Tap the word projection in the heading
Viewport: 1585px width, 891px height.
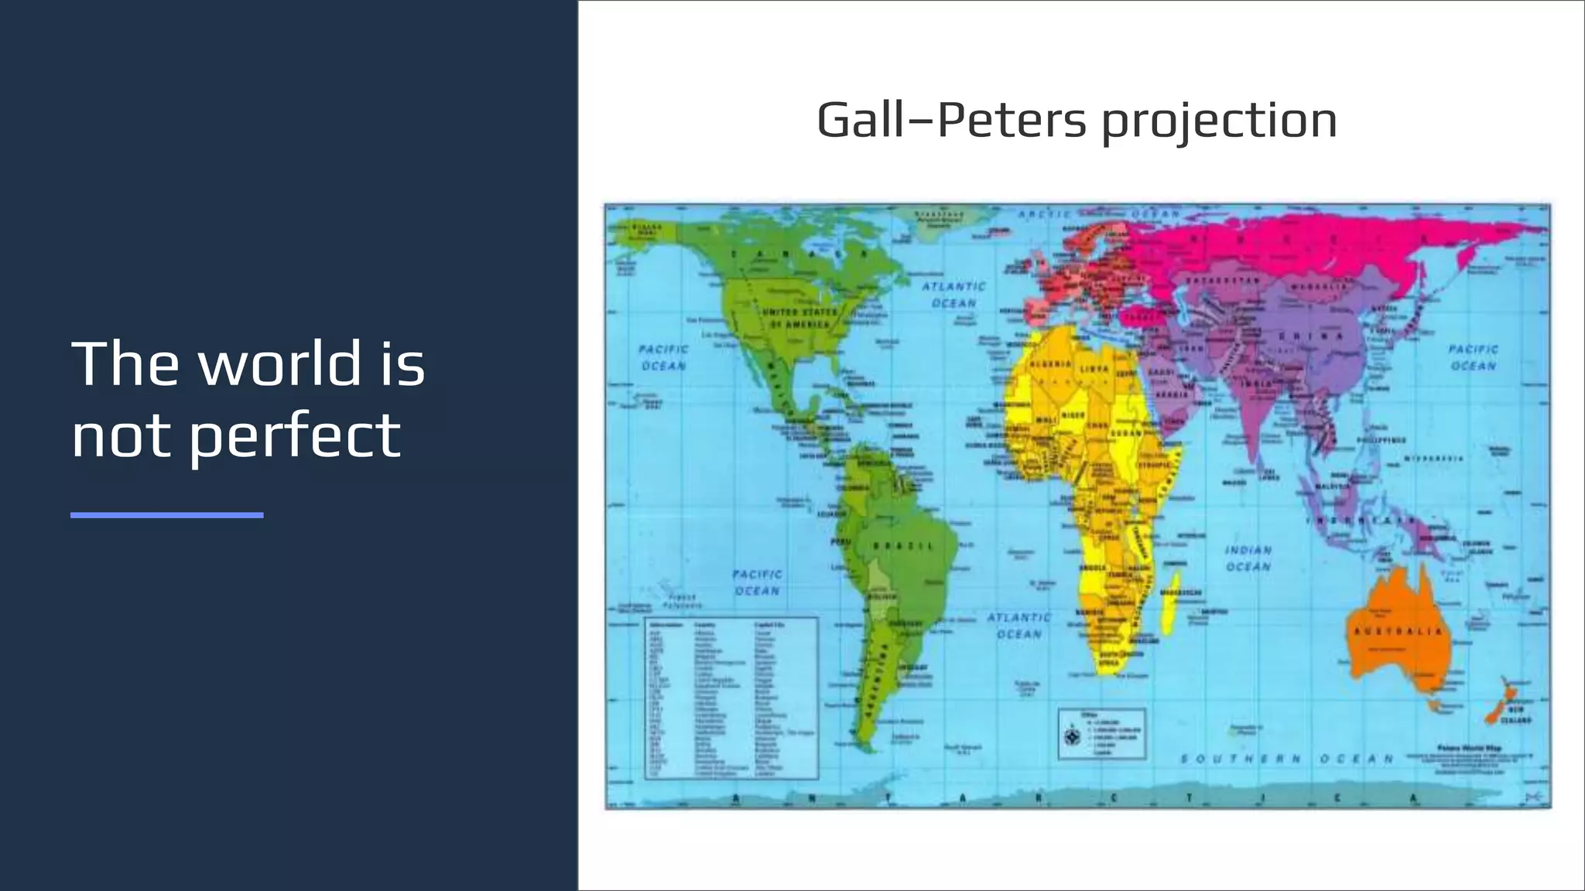(1219, 122)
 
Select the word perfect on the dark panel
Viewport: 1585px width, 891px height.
(294, 435)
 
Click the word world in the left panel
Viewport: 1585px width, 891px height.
(280, 363)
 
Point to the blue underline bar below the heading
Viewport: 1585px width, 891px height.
(167, 515)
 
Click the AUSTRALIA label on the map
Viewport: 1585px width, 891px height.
(1398, 632)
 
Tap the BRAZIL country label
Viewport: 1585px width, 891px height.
(903, 546)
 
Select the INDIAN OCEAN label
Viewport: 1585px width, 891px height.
(1248, 558)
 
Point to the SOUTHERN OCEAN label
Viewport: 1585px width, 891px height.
(1286, 759)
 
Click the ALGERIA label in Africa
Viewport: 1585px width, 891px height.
(1049, 364)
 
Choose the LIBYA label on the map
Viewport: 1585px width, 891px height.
(1094, 369)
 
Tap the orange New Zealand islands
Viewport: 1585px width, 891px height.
(1500, 703)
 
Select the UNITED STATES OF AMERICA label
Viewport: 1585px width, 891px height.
(799, 318)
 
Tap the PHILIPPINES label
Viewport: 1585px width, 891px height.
(1381, 440)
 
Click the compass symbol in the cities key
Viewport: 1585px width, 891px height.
(1072, 736)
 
